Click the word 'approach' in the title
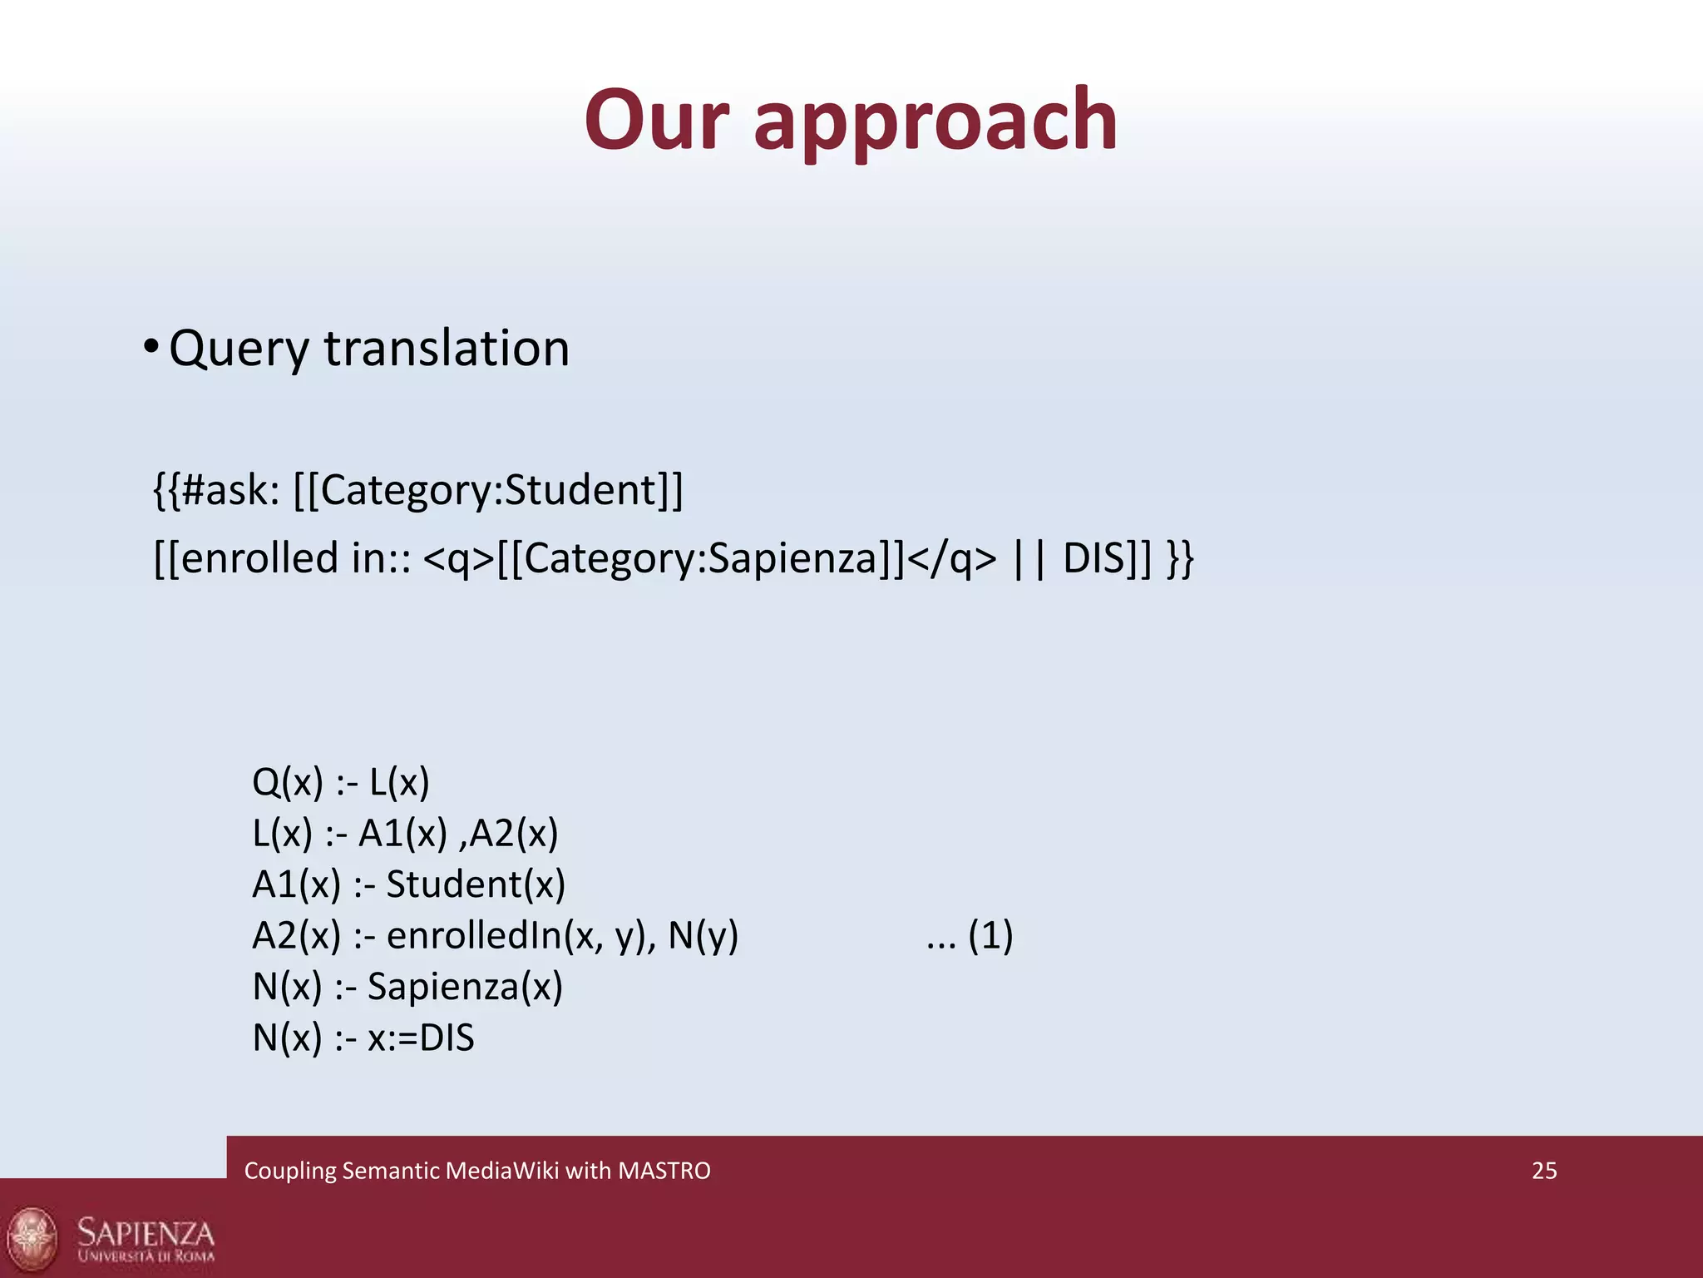point(935,122)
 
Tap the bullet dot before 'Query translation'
point(150,346)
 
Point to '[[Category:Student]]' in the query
point(488,489)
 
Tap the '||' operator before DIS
point(1030,557)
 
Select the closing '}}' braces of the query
point(1180,557)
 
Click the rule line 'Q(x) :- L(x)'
point(341,782)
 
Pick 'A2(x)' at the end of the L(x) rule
point(514,833)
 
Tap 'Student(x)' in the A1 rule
point(476,884)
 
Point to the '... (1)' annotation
point(970,935)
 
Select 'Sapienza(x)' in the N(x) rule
point(465,987)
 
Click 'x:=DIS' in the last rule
point(421,1038)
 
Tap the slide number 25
point(1544,1171)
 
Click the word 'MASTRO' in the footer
point(664,1171)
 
